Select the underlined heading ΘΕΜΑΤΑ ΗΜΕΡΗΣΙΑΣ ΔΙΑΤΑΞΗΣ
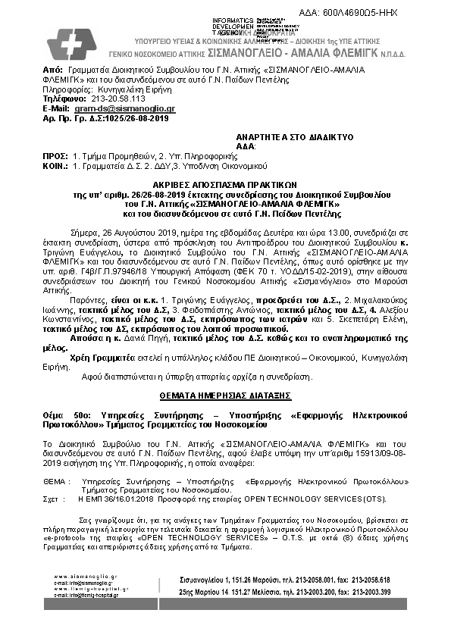(x=225, y=395)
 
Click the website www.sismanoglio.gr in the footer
(x=86, y=575)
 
